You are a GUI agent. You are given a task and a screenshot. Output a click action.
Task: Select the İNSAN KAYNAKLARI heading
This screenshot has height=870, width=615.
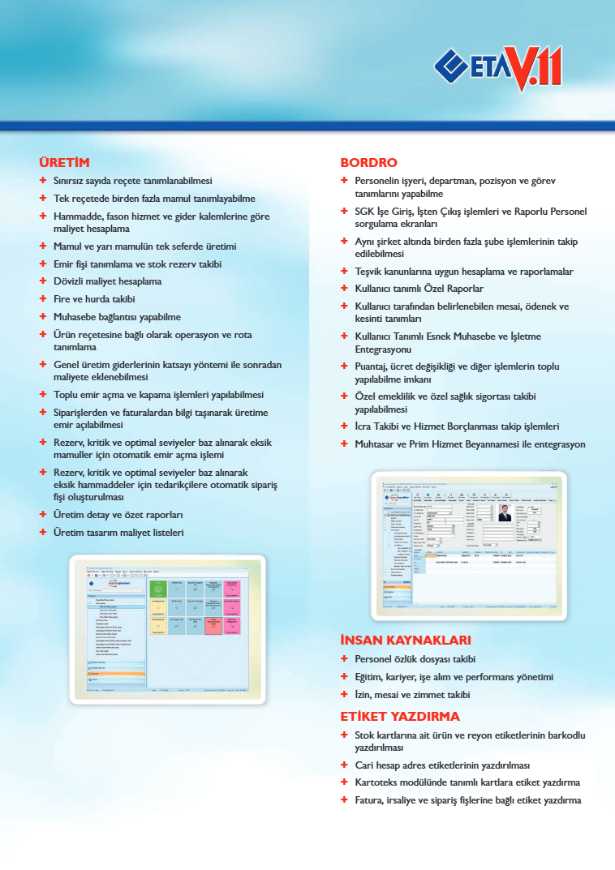[406, 641]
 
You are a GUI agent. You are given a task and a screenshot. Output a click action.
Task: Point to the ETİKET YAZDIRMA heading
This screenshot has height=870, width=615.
[400, 717]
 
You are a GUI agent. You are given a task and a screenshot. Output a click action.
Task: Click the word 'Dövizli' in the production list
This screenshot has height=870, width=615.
[71, 281]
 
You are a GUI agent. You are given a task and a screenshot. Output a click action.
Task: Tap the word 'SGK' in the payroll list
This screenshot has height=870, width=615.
[364, 212]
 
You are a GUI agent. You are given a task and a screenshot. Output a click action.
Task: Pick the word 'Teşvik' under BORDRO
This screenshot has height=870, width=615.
[370, 272]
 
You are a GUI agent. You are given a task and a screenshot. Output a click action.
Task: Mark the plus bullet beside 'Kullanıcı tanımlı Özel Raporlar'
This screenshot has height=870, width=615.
[345, 289]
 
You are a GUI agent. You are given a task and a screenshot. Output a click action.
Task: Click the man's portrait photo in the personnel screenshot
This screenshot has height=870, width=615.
[505, 513]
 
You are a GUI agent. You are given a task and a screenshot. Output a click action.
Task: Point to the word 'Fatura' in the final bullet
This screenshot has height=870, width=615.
[369, 800]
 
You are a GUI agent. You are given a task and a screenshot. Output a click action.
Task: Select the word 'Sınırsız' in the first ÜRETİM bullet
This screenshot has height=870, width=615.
[71, 181]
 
